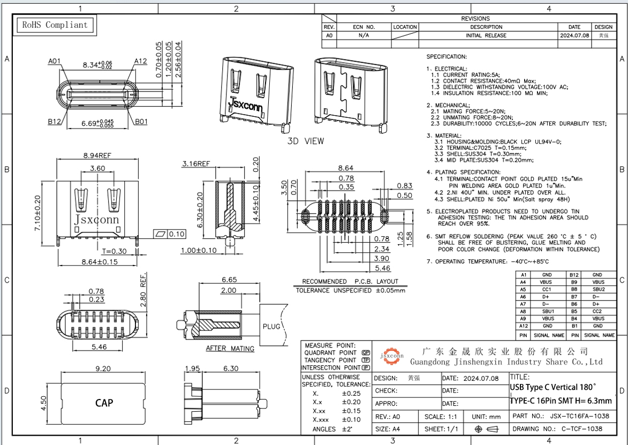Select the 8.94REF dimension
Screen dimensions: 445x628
point(97,156)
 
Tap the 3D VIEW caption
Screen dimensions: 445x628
point(306,141)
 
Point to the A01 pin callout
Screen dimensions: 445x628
point(54,61)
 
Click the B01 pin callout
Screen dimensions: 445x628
point(141,122)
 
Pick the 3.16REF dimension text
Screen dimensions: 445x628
point(196,163)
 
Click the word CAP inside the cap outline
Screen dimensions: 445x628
point(104,403)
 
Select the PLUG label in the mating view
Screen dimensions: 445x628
point(271,326)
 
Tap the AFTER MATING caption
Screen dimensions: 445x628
point(230,349)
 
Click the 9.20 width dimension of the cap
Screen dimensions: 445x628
point(102,369)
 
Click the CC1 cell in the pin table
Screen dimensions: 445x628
point(547,289)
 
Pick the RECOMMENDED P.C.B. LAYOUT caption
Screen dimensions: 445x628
point(350,281)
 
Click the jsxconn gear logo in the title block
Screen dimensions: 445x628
point(392,356)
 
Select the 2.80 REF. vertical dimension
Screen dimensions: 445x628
point(143,292)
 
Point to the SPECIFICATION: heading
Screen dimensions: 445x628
point(447,57)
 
